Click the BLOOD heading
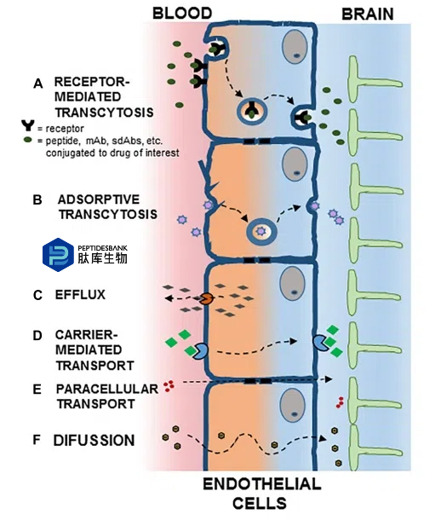pyautogui.click(x=182, y=14)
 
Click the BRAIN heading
pyautogui.click(x=368, y=14)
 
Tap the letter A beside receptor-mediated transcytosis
pyautogui.click(x=38, y=84)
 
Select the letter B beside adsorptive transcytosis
pyautogui.click(x=37, y=200)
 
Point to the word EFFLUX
pyautogui.click(x=80, y=294)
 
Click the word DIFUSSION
pyautogui.click(x=94, y=441)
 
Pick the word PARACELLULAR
pyautogui.click(x=107, y=389)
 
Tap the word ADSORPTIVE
pyautogui.click(x=99, y=199)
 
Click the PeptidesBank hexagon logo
pyautogui.click(x=58, y=255)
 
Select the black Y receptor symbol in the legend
pyautogui.click(x=28, y=125)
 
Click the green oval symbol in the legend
pyautogui.click(x=28, y=140)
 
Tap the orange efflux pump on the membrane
pyautogui.click(x=207, y=298)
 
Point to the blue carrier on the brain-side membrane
pyautogui.click(x=319, y=342)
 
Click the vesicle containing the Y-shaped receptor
pyautogui.click(x=251, y=111)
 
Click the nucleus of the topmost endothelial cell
pyautogui.click(x=295, y=47)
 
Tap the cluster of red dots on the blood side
pyautogui.click(x=169, y=385)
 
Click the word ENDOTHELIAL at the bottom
pyautogui.click(x=262, y=484)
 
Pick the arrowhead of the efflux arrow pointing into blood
pyautogui.click(x=169, y=298)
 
